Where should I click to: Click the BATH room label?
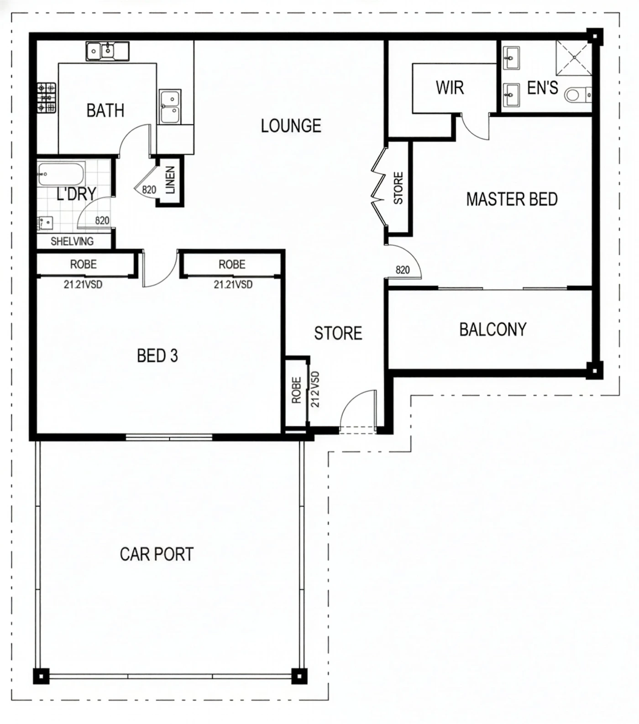(105, 110)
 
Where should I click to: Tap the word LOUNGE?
(291, 126)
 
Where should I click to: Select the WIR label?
(450, 88)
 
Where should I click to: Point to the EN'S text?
(542, 88)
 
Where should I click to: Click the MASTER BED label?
(512, 199)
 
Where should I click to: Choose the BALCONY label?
(493, 329)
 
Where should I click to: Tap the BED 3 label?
(157, 355)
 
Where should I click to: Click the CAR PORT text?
(157, 554)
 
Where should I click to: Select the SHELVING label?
(72, 241)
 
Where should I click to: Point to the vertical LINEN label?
(170, 180)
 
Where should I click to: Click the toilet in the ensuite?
(577, 95)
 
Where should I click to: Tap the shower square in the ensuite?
(573, 57)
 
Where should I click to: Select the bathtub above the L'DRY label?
(61, 174)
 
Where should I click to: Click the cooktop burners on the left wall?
(47, 98)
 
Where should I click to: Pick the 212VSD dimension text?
(315, 389)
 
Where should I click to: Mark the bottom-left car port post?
(41, 676)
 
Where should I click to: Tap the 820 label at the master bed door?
(403, 270)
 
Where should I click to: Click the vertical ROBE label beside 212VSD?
(297, 390)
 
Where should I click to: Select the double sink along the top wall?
(107, 51)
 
